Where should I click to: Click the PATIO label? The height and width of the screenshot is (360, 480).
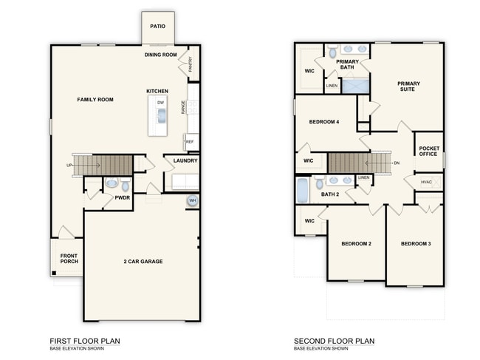(157, 27)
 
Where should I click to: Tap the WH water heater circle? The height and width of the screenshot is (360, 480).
(192, 200)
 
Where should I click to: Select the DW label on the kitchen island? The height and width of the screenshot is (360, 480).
(161, 103)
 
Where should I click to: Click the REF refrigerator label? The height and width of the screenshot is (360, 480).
(190, 142)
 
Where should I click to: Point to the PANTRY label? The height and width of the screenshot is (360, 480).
(191, 64)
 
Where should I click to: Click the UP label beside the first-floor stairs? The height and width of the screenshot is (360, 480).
(69, 166)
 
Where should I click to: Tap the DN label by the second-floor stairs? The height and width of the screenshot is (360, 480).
(397, 163)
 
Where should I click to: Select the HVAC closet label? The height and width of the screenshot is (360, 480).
(426, 182)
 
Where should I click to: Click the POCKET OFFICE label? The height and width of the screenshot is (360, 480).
(429, 151)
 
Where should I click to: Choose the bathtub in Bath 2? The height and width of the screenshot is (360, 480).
(303, 190)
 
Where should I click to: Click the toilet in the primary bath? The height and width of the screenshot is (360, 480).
(332, 52)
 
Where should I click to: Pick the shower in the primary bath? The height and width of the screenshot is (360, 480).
(355, 86)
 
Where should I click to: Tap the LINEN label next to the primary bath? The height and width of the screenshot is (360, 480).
(332, 86)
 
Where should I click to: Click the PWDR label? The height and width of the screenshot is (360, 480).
(123, 198)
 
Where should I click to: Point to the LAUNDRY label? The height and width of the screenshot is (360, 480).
(185, 160)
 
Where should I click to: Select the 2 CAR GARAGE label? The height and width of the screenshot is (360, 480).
(143, 262)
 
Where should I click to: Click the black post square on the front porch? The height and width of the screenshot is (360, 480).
(54, 273)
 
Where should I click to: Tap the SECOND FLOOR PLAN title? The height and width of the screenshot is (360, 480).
(334, 341)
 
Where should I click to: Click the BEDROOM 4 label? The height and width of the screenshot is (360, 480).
(324, 122)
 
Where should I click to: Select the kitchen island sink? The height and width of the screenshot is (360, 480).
(161, 116)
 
